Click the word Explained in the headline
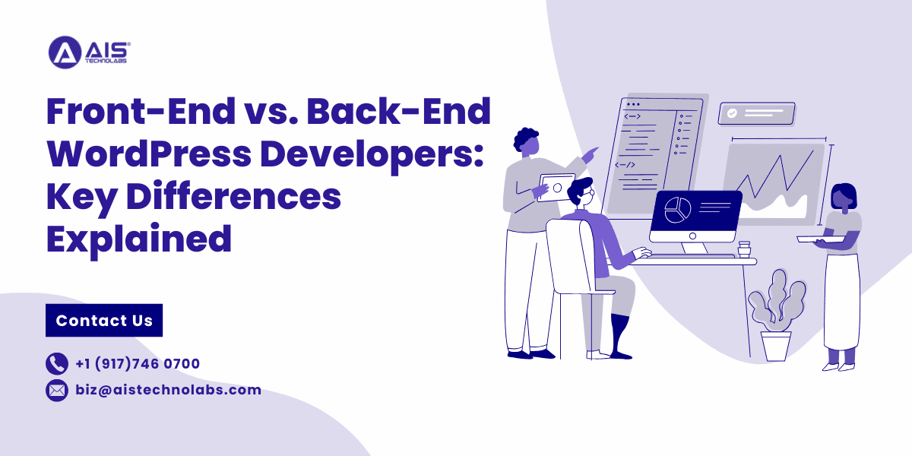coord(139,238)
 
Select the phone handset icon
coord(57,364)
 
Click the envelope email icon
coord(57,391)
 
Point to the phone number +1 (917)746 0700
coord(138,364)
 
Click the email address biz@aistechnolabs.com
coord(168,391)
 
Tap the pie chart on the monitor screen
coord(676,210)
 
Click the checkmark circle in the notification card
coord(732,113)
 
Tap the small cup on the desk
coord(745,249)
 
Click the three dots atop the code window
coord(632,104)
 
